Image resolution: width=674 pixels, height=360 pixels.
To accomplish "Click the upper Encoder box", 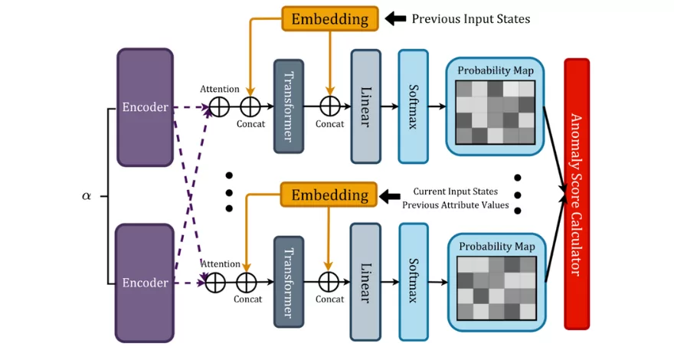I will (x=145, y=107).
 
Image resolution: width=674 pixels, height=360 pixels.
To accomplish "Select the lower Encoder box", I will (x=145, y=283).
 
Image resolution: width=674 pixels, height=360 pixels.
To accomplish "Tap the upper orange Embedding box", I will (x=329, y=18).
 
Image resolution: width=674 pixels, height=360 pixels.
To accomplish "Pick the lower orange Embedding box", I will (x=329, y=195).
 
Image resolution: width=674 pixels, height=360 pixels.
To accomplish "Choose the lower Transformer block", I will (x=288, y=283).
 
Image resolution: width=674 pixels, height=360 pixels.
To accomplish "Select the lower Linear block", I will (x=365, y=282).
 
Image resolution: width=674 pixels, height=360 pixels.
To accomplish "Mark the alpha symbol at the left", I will (x=87, y=195).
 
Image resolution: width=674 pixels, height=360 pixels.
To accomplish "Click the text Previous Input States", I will (x=470, y=18).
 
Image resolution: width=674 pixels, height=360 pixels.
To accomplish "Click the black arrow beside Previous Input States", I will (x=394, y=18).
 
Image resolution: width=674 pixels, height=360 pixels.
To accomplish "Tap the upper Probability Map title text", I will (x=495, y=70).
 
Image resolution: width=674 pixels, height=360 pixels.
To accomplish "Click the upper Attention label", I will (x=219, y=90).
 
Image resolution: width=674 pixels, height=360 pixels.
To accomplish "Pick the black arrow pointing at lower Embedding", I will (x=393, y=196).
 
